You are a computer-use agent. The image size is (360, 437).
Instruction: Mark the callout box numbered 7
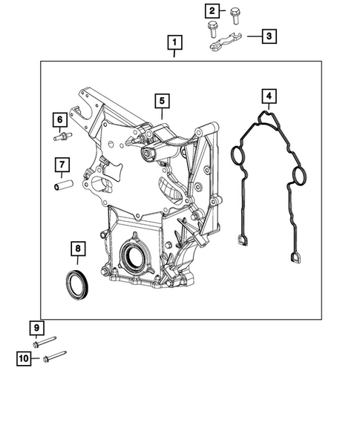[x=62, y=164]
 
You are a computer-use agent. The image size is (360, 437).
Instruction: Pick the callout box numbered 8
[x=76, y=248]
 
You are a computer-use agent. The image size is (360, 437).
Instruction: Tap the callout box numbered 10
[x=24, y=359]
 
